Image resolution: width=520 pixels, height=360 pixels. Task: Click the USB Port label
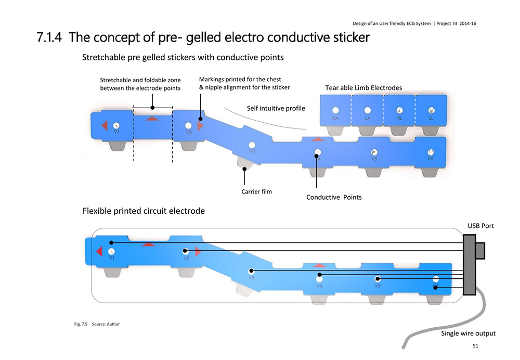[481, 226]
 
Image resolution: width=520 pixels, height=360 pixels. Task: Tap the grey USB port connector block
[470, 265]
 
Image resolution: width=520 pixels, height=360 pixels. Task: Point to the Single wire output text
[468, 333]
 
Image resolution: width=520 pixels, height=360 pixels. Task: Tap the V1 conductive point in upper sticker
[116, 125]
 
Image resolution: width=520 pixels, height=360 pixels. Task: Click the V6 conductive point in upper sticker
[430, 151]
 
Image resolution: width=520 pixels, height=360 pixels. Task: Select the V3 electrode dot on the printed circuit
[252, 271]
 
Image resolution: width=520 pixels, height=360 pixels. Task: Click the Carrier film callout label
[257, 191]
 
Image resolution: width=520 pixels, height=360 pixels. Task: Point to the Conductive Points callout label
[334, 197]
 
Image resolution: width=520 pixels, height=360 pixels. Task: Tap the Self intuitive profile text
[276, 108]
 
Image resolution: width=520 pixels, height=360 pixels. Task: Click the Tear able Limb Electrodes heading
[363, 87]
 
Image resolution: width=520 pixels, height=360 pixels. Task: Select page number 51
[475, 345]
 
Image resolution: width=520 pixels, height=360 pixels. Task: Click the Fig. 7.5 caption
[97, 324]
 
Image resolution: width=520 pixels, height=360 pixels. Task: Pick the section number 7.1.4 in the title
[50, 37]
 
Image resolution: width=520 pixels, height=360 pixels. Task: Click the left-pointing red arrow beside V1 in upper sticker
[104, 125]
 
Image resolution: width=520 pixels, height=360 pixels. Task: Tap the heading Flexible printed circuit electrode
[144, 211]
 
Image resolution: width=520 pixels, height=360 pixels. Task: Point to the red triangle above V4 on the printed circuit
[319, 266]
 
